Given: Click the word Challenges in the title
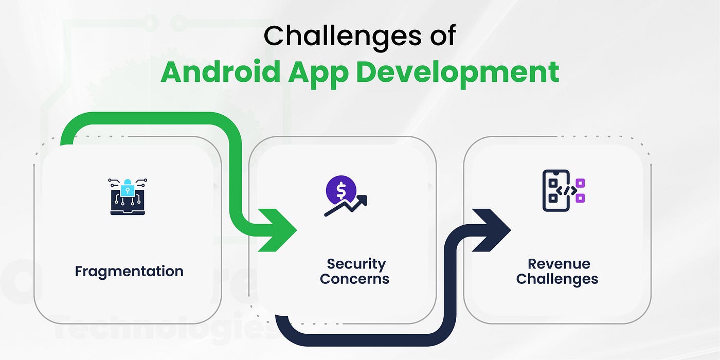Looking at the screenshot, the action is point(343,37).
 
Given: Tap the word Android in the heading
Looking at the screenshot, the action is point(220,72).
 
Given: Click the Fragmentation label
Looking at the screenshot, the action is point(129,272).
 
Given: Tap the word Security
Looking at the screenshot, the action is point(356,264).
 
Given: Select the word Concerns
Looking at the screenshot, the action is point(354,279).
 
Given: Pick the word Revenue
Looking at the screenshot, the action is point(559,264).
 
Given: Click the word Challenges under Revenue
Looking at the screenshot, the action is point(557,279).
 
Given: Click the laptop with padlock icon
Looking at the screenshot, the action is point(128,196).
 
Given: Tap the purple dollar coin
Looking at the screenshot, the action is point(341,191).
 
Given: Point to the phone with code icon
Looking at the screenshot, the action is point(564,191).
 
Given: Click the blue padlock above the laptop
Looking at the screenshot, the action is point(128,188).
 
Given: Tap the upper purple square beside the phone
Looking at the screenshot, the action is point(580,183).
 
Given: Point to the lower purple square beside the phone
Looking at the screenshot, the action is point(580,198).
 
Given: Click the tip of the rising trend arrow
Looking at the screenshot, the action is point(367,196).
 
